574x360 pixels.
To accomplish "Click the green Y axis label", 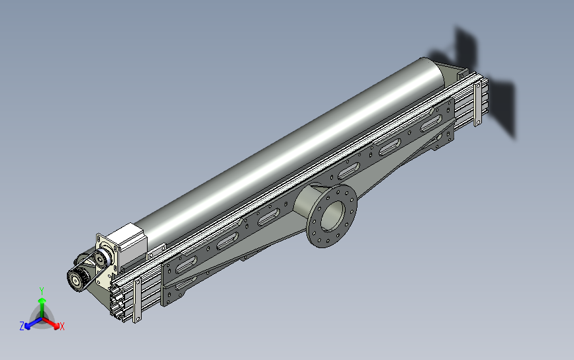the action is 42,291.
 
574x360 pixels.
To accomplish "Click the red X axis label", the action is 62,326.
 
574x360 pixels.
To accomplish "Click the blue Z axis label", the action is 22,326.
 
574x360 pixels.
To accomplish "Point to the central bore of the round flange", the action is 333,216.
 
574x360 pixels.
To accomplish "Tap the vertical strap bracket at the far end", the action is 477,104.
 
